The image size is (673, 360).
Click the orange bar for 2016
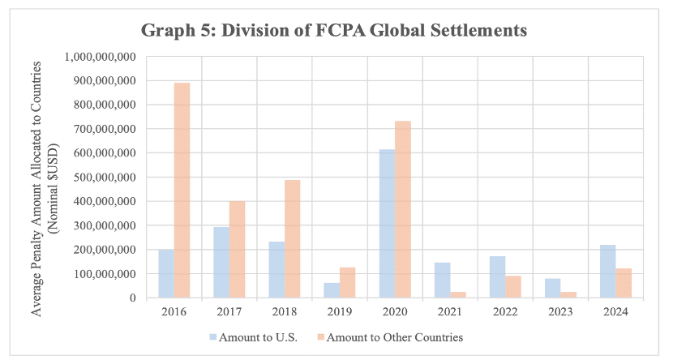click(182, 191)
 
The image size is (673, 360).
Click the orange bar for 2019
click(347, 283)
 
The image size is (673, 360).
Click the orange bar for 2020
click(402, 209)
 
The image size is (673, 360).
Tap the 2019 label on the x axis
click(339, 310)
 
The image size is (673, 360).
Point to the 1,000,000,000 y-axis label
click(100, 58)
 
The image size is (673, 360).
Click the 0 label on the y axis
click(131, 298)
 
